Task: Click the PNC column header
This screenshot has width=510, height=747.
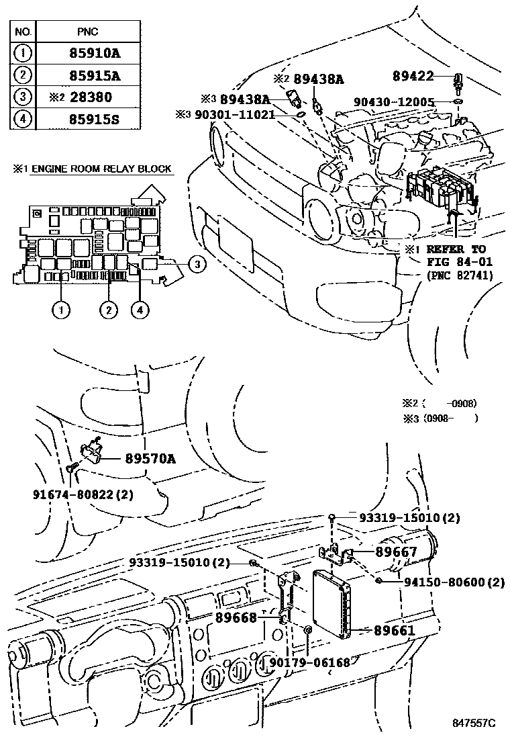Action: [x=88, y=32]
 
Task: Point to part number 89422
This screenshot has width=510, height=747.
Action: [x=415, y=77]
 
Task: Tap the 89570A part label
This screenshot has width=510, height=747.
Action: [x=150, y=459]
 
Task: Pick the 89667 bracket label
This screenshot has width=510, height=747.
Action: [x=396, y=552]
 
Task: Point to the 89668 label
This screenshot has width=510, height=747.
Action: [x=236, y=617]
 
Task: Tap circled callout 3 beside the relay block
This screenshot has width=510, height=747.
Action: [x=195, y=264]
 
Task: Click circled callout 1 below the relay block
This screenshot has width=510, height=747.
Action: [x=61, y=310]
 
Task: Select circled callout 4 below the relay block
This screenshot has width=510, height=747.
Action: [x=140, y=310]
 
